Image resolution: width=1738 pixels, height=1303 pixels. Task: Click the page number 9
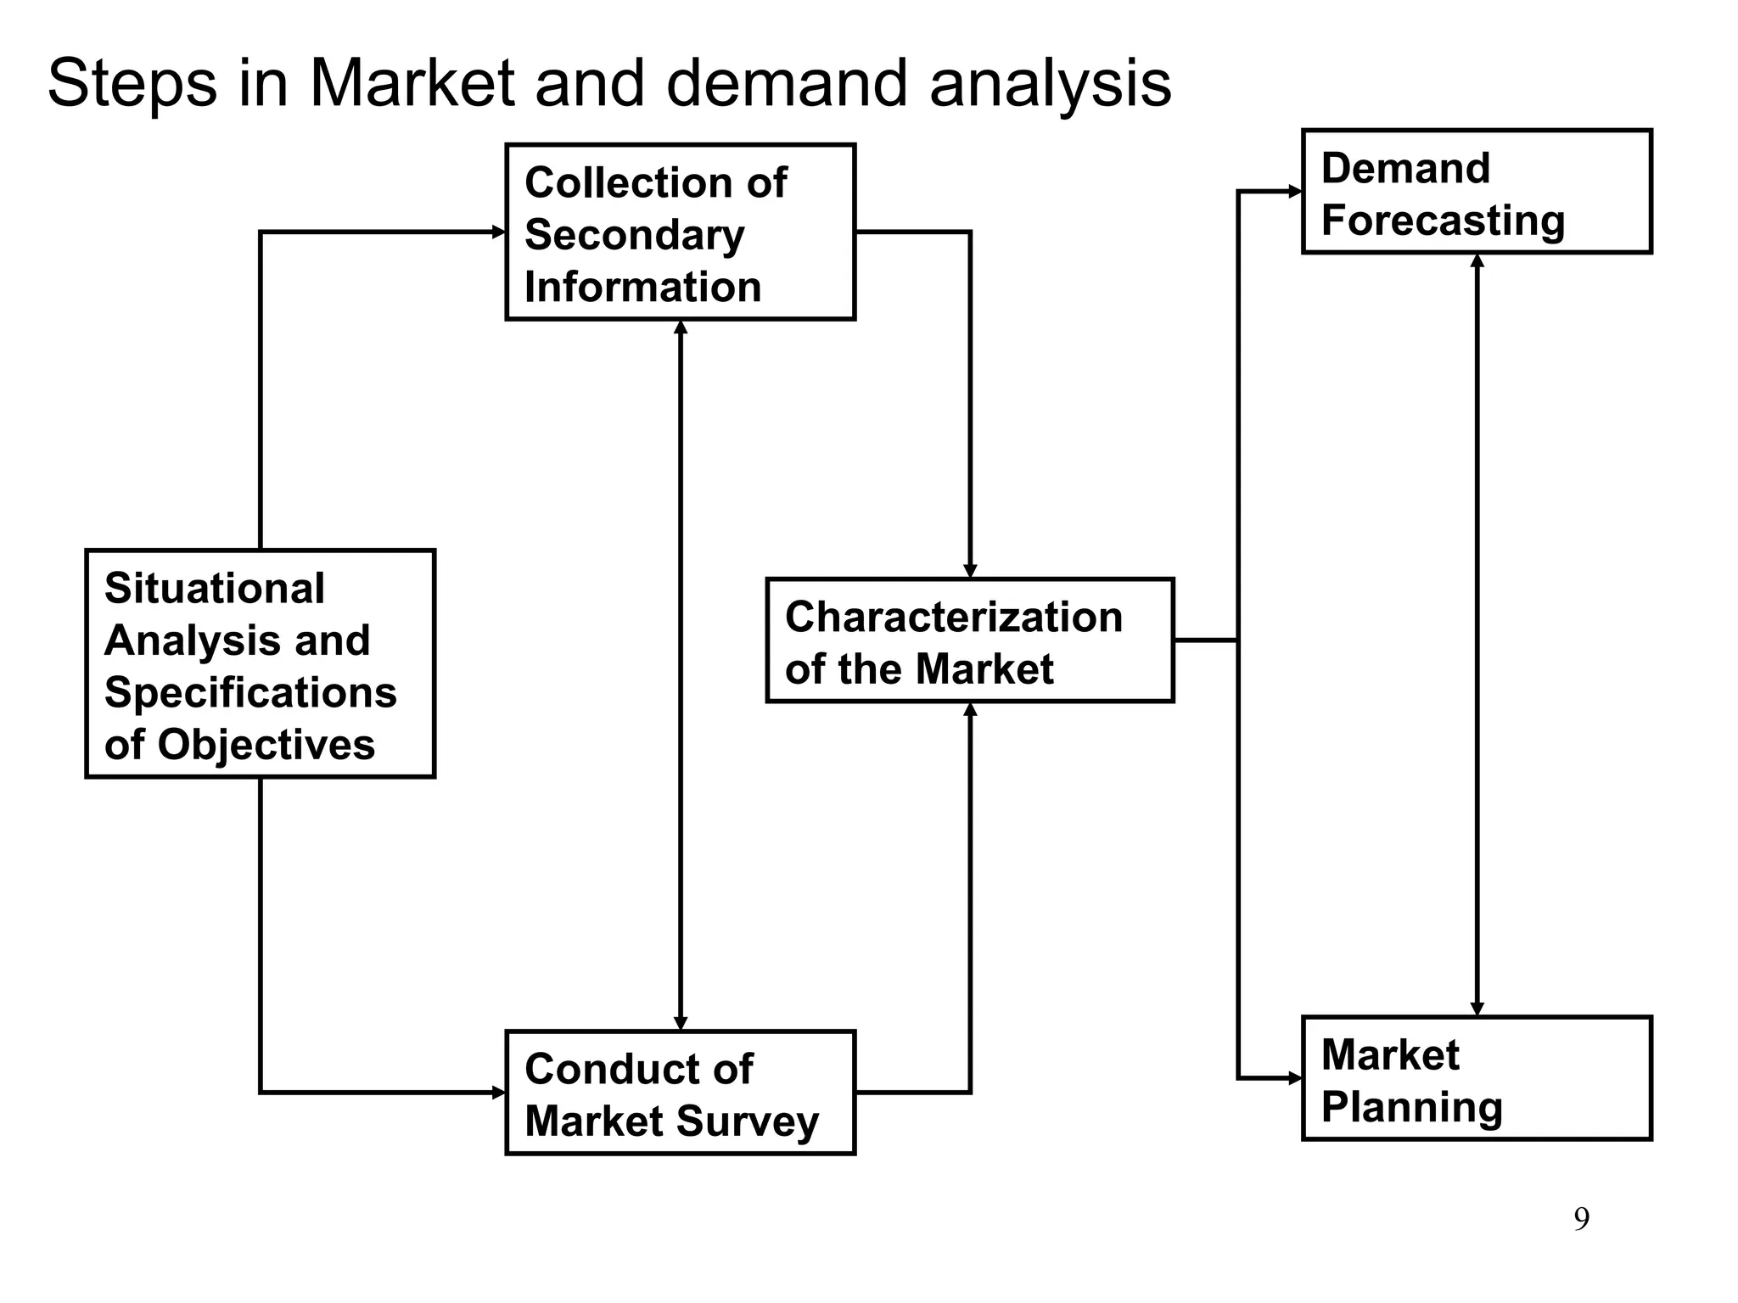[x=1581, y=1219]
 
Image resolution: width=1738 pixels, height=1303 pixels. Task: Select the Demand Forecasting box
[x=1476, y=192]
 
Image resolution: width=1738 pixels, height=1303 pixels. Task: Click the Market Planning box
[x=1476, y=1078]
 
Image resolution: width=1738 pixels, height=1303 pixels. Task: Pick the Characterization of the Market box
[x=969, y=640]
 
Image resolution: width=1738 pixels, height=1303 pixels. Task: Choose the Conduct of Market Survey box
[x=680, y=1093]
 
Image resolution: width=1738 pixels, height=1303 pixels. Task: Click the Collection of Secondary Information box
[x=680, y=232]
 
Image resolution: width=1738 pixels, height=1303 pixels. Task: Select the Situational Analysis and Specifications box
[x=260, y=663]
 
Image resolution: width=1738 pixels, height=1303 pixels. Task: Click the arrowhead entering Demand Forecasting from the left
[x=1296, y=192]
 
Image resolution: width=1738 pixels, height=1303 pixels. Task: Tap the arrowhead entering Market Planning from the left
[x=1296, y=1079]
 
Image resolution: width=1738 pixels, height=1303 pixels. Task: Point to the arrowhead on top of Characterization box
[x=970, y=571]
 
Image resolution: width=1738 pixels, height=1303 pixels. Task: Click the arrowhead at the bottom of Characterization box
[x=970, y=710]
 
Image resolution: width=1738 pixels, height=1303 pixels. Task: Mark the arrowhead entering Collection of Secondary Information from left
[x=500, y=232]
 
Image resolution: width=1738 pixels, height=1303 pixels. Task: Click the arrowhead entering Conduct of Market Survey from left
[x=500, y=1093]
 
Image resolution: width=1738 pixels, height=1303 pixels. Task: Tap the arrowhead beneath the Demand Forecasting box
[x=1477, y=260]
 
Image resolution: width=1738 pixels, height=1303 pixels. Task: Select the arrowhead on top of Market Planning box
[x=1477, y=1009]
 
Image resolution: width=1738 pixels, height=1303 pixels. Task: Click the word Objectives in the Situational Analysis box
[x=266, y=745]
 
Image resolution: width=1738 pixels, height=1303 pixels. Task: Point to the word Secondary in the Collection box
[x=634, y=235]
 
